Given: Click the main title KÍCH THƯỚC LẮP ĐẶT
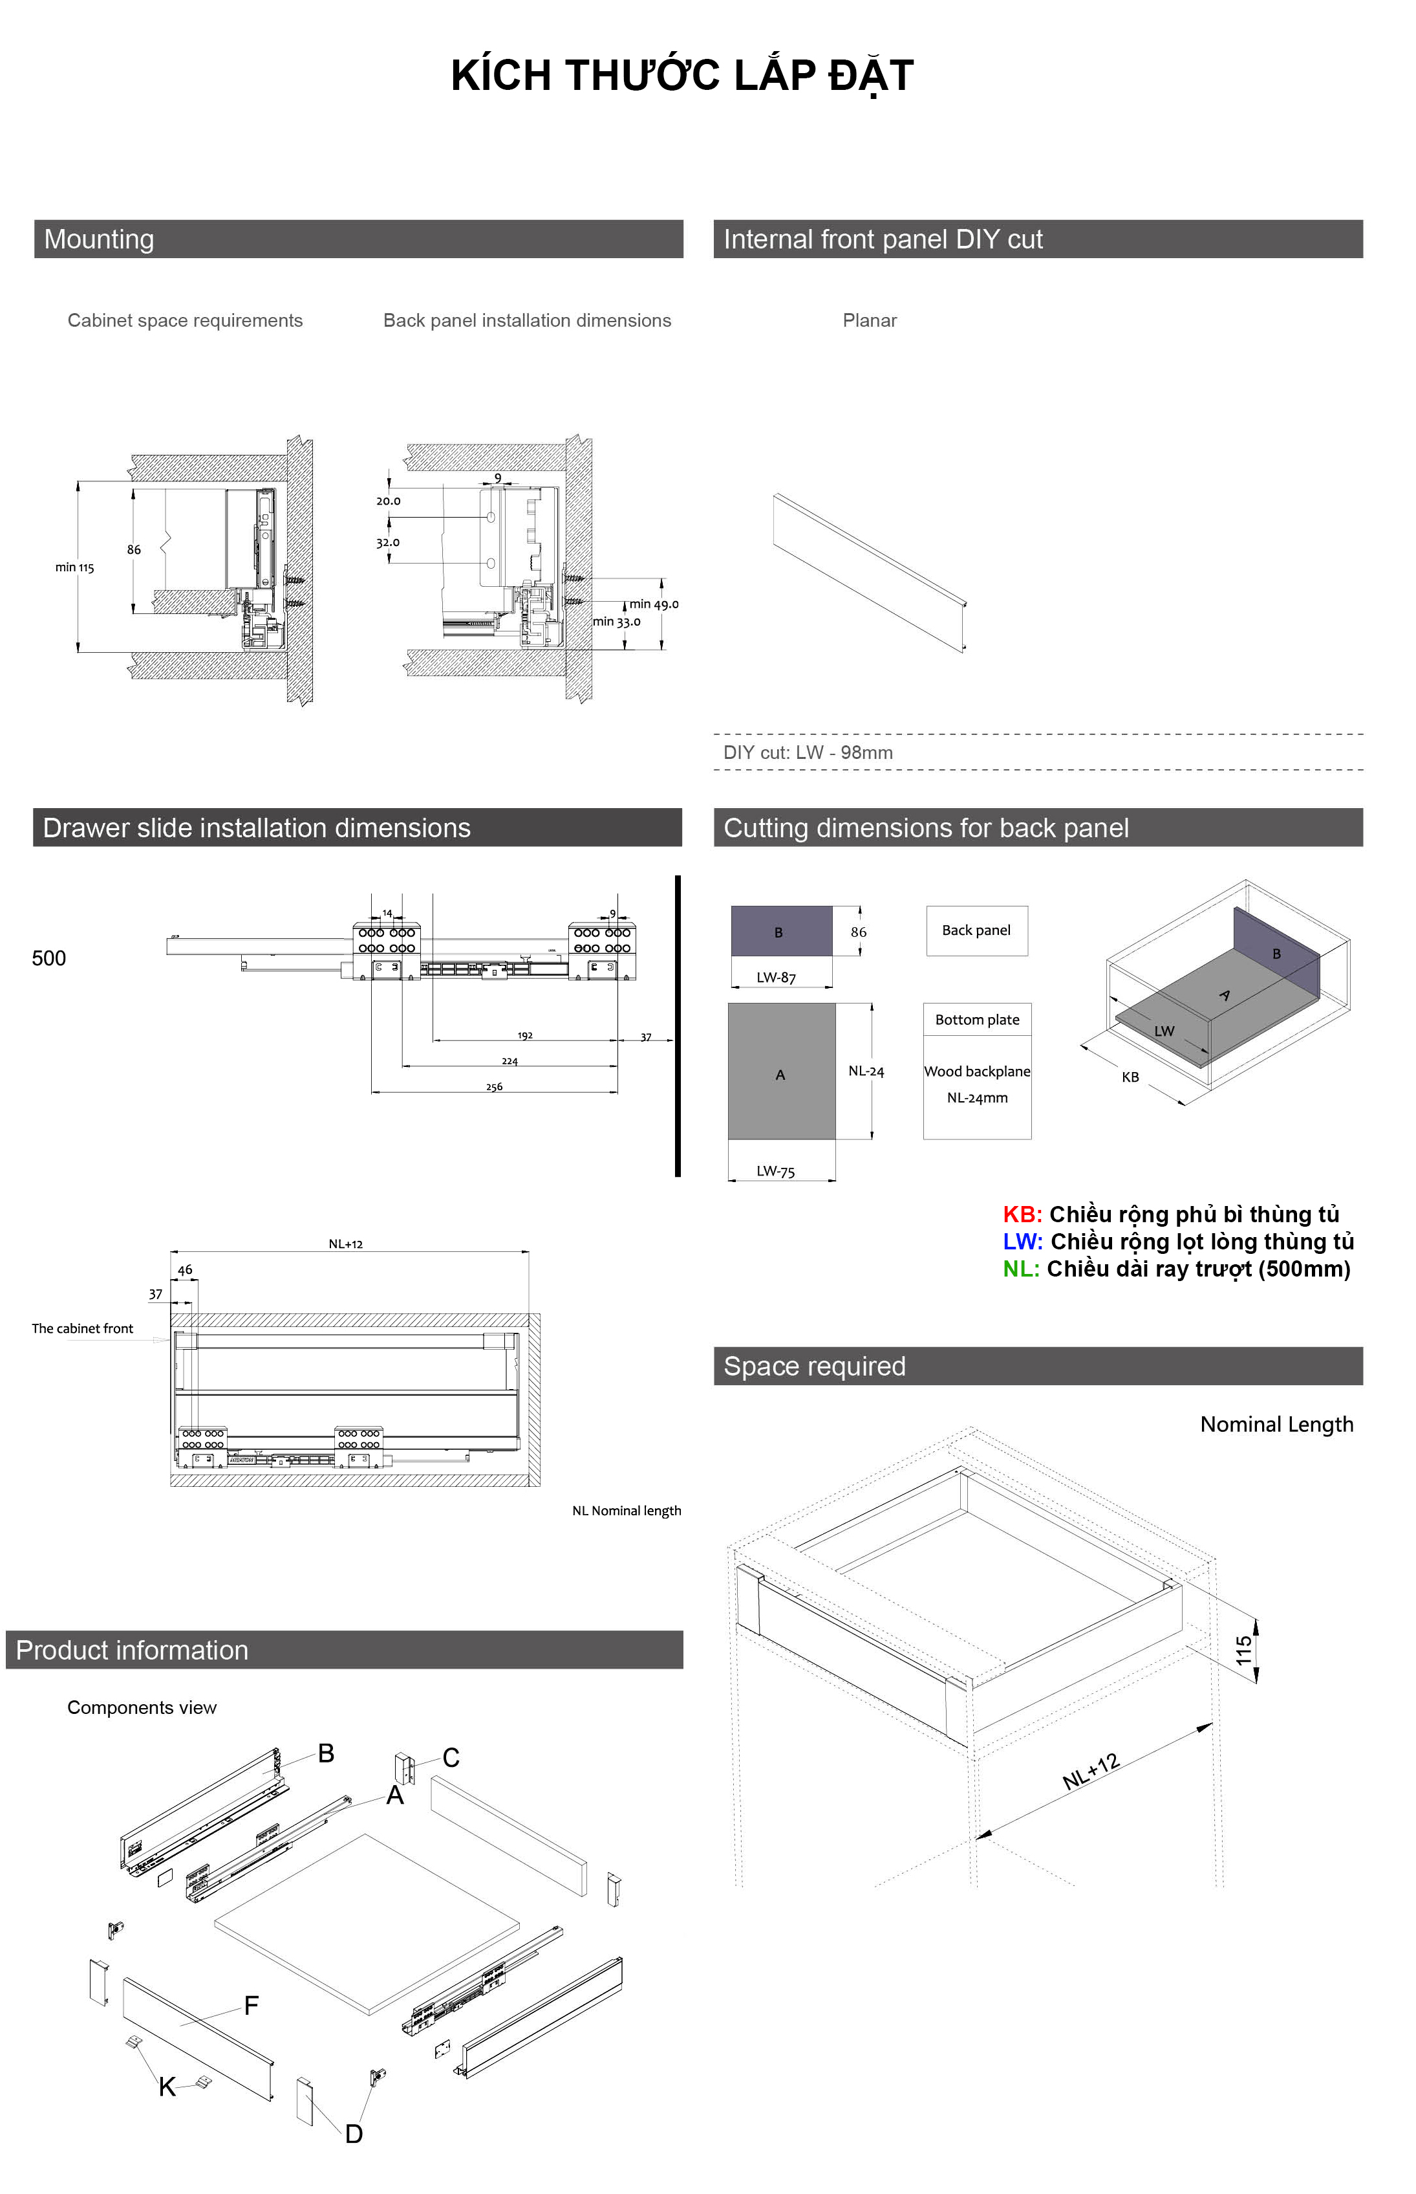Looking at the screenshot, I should coord(681,76).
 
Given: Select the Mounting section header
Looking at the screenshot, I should coord(100,239).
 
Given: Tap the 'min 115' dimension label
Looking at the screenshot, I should coord(74,567).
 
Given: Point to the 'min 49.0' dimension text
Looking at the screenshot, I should coord(654,604).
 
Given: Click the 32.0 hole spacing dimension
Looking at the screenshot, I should coord(387,543).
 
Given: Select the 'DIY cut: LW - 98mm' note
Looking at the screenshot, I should coord(808,752).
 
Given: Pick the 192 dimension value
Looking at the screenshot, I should coord(525,1036).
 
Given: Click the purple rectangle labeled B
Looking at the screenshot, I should coord(780,931).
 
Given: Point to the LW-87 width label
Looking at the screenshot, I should coord(776,978).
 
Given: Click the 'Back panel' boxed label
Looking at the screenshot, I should coord(976,930).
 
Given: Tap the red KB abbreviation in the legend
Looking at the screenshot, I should coord(1022,1214).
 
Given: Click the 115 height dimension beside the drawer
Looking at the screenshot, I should coord(1244,1651).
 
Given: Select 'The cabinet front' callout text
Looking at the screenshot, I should coord(83,1328).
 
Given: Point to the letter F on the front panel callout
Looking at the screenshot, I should coord(251,2006).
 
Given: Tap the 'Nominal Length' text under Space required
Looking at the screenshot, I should coord(1276,1425).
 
